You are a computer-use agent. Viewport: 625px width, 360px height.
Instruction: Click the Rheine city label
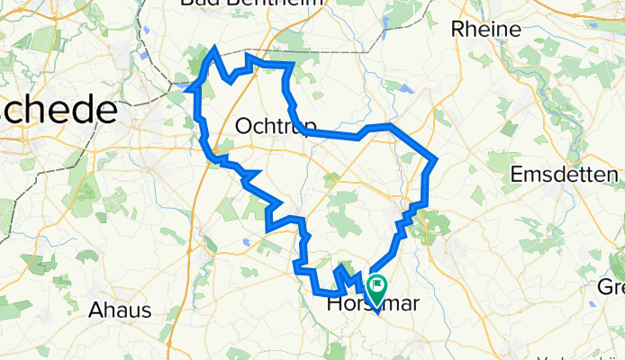487,29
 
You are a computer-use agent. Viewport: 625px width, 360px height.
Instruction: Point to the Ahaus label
120,310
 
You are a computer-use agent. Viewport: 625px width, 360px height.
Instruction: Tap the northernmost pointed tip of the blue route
214,50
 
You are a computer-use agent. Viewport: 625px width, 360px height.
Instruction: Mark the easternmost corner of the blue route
436,160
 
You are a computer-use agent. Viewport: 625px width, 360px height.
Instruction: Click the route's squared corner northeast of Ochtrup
291,66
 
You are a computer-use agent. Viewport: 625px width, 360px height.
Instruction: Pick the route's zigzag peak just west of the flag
340,267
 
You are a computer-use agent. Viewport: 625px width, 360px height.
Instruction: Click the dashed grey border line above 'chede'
54,67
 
